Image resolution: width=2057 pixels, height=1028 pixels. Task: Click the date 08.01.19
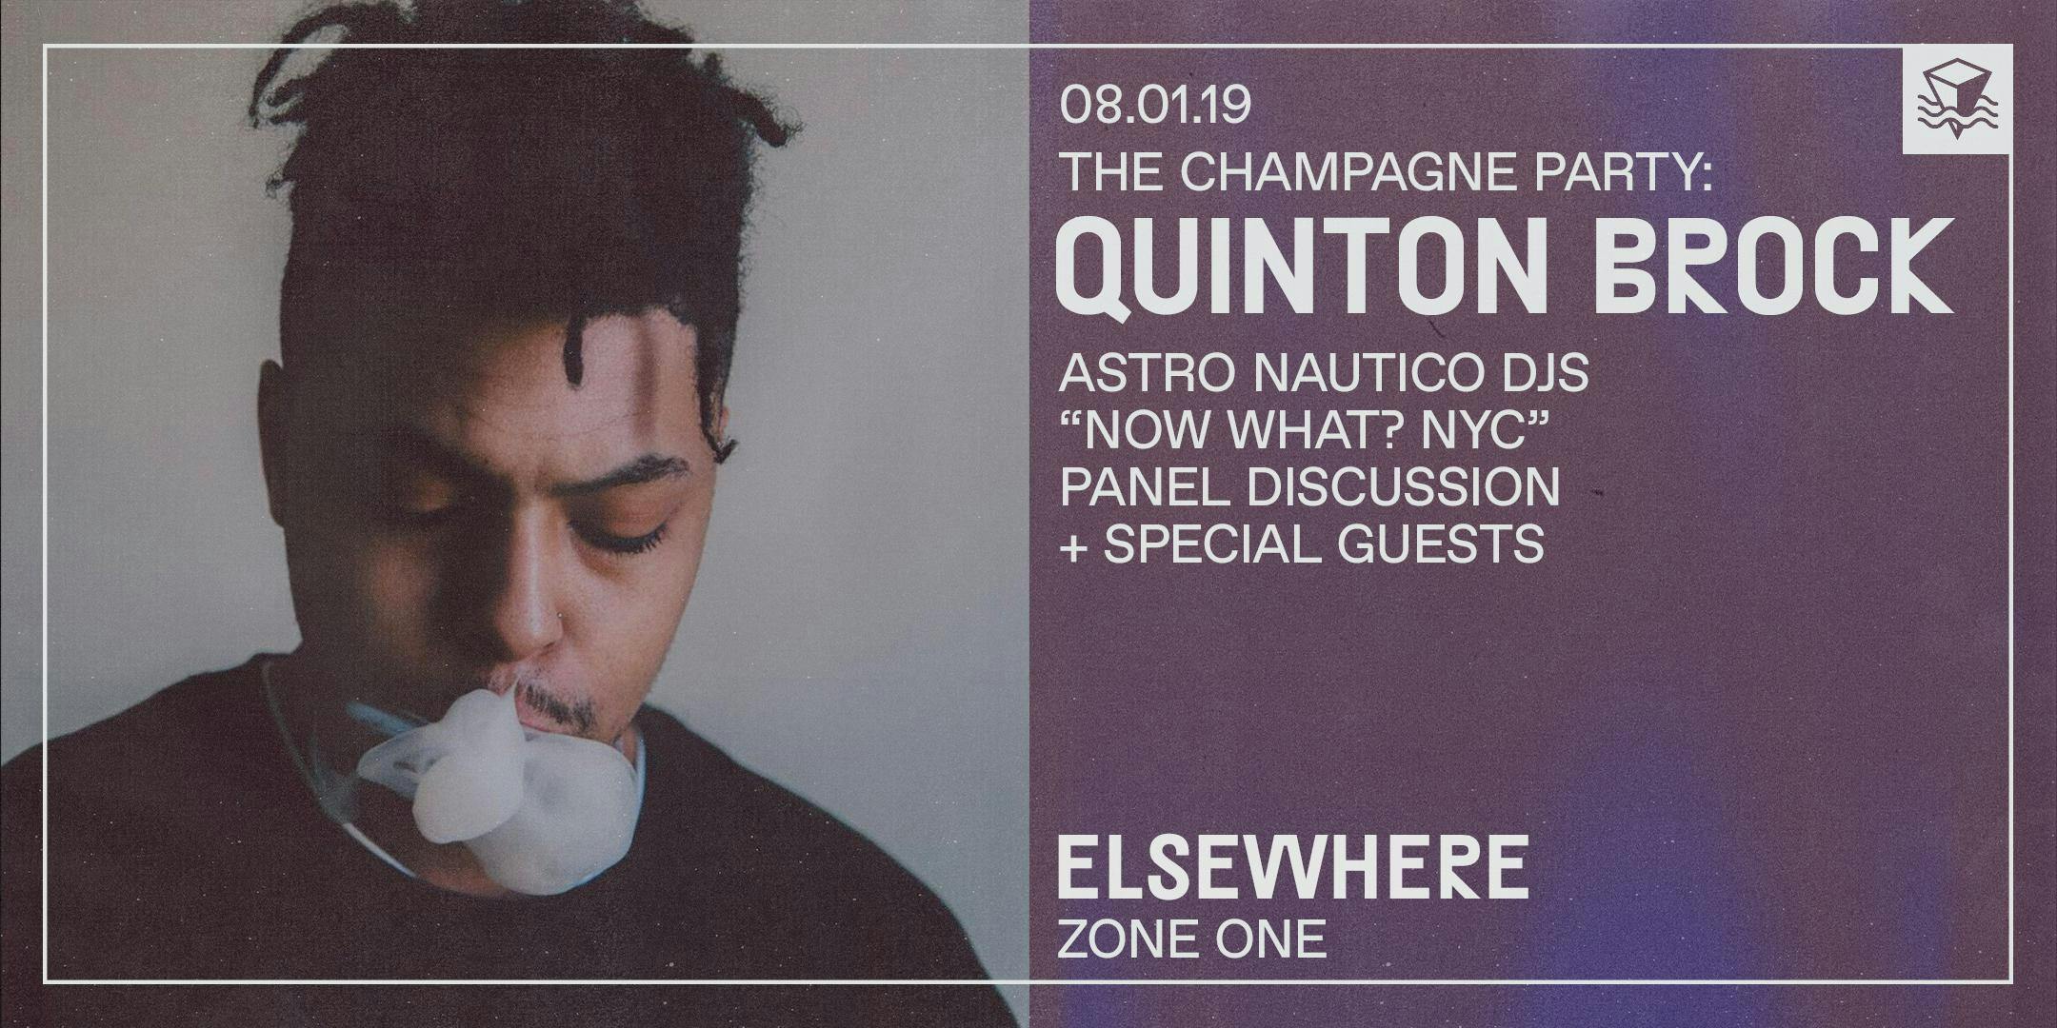(x=1155, y=105)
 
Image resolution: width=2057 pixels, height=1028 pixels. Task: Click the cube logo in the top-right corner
(x=1958, y=99)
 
